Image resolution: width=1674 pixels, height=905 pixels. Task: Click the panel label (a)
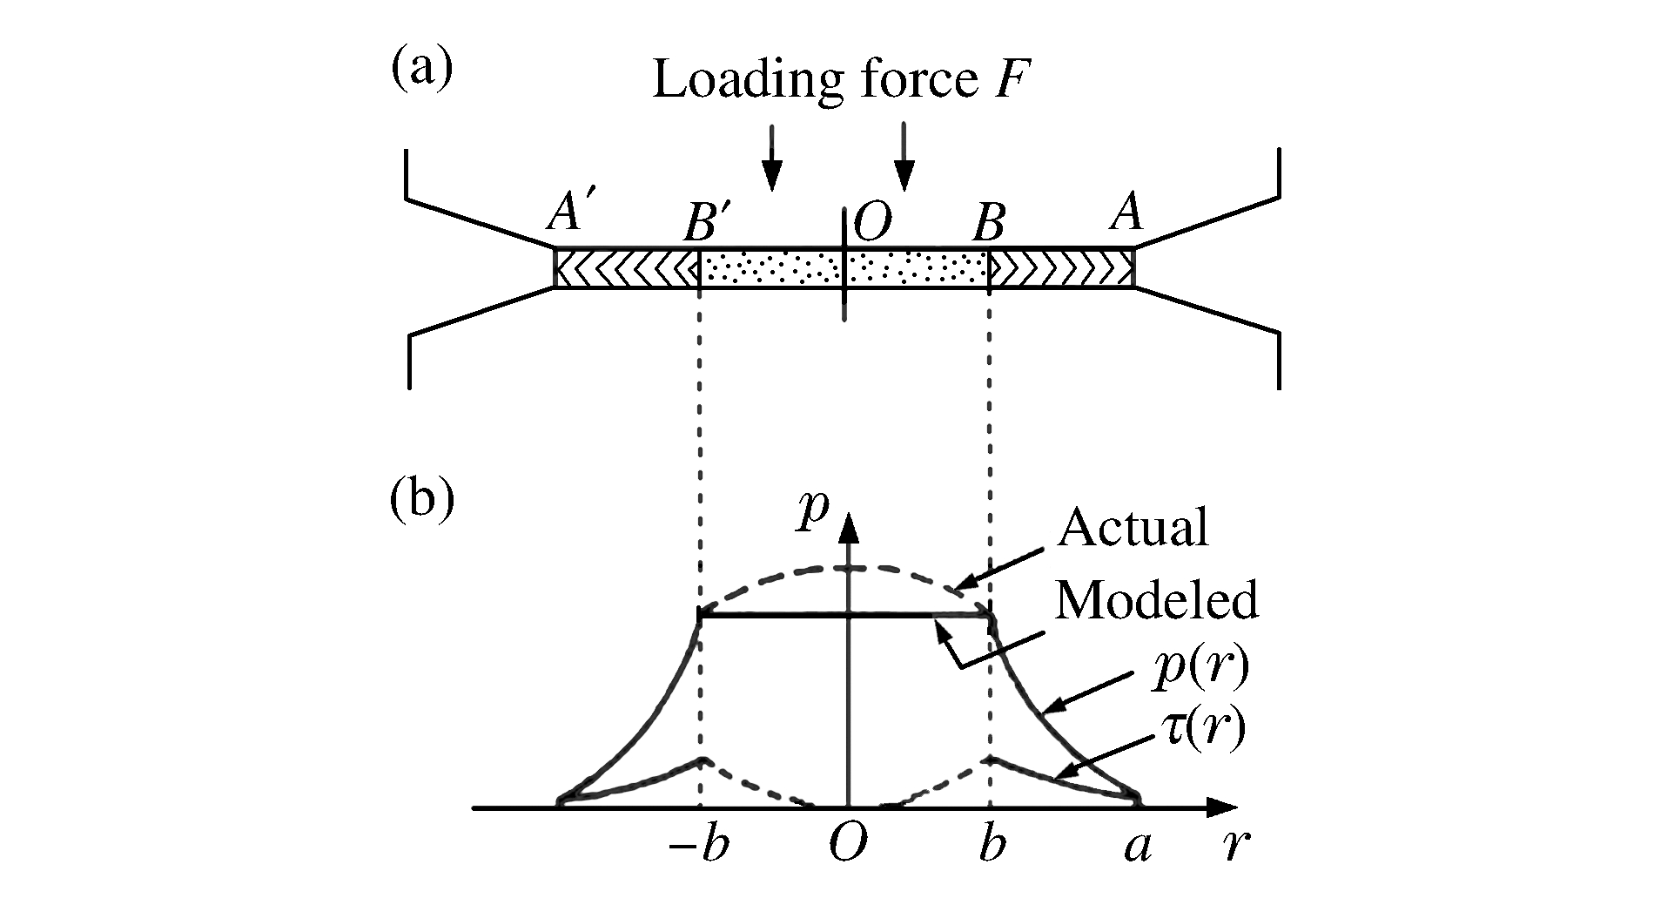tap(422, 70)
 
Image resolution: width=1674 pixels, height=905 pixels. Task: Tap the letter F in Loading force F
tap(1015, 80)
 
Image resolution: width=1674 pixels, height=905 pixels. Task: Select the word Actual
tap(1133, 527)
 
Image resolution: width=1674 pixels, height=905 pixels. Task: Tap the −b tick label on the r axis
tap(700, 845)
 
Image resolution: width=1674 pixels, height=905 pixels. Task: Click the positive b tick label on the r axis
tap(991, 845)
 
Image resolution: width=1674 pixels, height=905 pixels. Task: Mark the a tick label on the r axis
tap(1137, 847)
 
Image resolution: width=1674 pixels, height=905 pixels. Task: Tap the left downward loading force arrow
tap(770, 157)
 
